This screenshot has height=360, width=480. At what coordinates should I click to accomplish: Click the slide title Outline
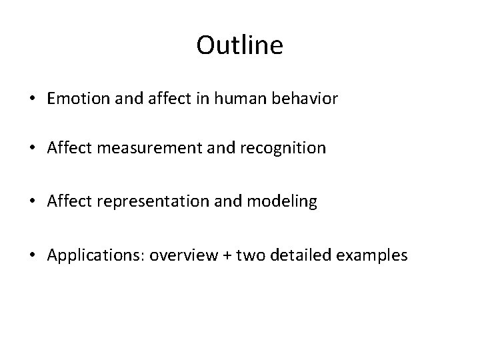240,45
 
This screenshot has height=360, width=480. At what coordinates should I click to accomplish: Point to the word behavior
310,99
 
